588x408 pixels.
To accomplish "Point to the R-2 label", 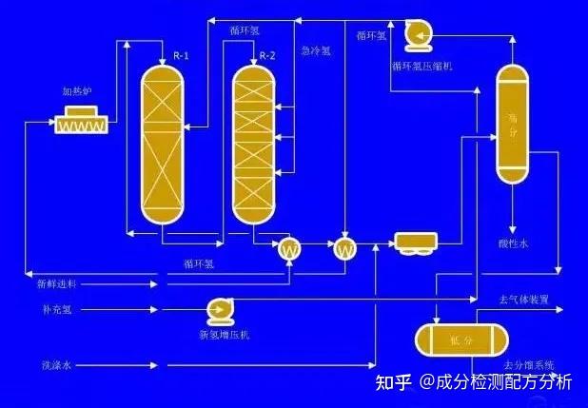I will pyautogui.click(x=267, y=56).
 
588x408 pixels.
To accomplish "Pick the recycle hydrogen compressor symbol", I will pyautogui.click(x=418, y=34).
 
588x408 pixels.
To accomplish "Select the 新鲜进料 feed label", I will pyautogui.click(x=57, y=282).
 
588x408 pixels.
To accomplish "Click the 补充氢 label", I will pyautogui.click(x=56, y=310).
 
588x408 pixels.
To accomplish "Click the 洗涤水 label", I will pyautogui.click(x=56, y=365).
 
